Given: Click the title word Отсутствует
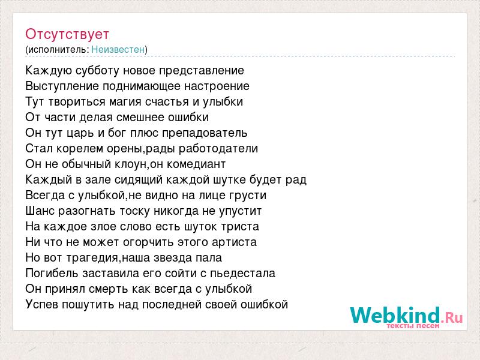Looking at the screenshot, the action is tap(67, 34).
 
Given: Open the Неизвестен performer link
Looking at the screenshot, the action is tap(118, 49).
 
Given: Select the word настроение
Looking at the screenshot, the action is tap(217, 86).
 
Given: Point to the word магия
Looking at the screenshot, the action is tap(125, 102).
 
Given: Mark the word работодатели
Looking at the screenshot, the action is tap(218, 149).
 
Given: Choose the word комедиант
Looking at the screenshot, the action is tap(196, 164).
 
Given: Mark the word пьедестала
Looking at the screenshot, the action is tap(243, 273).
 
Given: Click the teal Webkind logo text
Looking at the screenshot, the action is tap(395, 316).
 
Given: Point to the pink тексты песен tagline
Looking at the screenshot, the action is tap(413, 326).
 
